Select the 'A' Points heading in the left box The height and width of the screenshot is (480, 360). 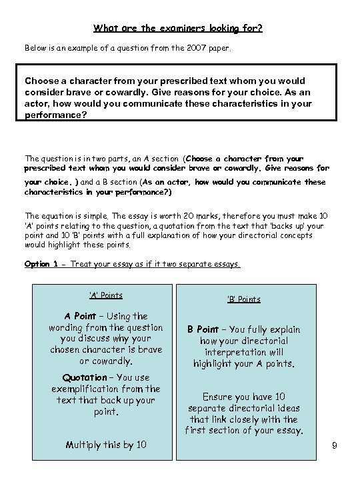click(x=105, y=295)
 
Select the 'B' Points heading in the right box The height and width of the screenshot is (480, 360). click(x=243, y=299)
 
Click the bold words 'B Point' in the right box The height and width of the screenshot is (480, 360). click(x=203, y=329)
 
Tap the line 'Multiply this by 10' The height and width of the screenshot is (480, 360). click(x=106, y=445)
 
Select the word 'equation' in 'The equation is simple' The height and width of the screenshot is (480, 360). click(x=61, y=216)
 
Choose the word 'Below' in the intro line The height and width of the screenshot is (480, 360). click(x=36, y=49)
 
